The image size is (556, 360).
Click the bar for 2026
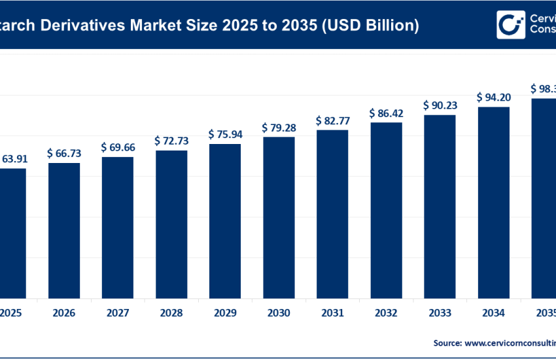(x=64, y=230)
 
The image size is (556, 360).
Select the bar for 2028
(x=171, y=224)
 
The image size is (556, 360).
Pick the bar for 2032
(x=386, y=209)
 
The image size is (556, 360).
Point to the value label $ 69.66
(x=118, y=147)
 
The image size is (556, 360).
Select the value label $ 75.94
(x=225, y=134)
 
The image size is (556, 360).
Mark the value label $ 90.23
(x=440, y=105)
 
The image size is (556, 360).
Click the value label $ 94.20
(x=493, y=97)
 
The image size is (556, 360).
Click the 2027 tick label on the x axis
(x=118, y=313)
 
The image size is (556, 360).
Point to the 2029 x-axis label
(x=225, y=313)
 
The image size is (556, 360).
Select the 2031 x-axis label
(x=332, y=313)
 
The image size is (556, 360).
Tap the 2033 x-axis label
(x=440, y=313)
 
